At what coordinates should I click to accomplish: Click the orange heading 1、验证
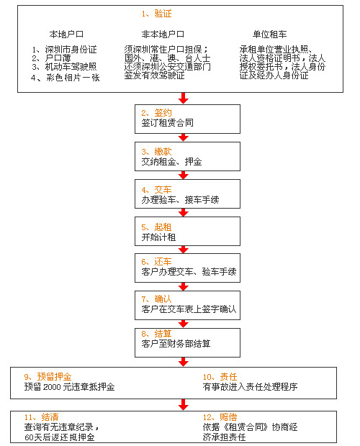tap(156, 14)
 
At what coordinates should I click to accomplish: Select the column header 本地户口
tap(66, 35)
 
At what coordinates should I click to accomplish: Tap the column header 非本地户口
tap(163, 35)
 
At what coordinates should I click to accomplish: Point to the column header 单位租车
tap(269, 35)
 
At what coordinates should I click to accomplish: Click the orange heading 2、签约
tap(156, 113)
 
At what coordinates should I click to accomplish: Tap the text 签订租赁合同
tap(167, 123)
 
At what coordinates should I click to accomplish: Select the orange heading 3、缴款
tap(156, 152)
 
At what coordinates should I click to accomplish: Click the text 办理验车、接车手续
tap(180, 200)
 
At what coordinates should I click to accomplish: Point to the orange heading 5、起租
tap(156, 227)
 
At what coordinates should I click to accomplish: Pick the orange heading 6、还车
tap(156, 262)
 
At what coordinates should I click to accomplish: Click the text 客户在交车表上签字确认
tap(189, 309)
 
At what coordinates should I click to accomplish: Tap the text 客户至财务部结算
tap(176, 344)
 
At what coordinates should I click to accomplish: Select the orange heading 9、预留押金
tap(48, 377)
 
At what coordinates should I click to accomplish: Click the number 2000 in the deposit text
tap(52, 387)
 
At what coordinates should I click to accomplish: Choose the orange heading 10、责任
tap(220, 377)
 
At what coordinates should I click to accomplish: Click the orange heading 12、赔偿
tap(220, 417)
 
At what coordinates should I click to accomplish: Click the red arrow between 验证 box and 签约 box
tap(184, 98)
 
